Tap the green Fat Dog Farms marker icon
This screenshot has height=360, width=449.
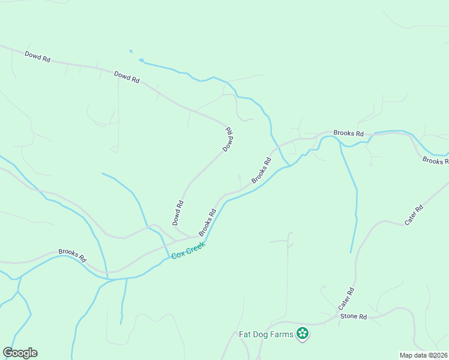[x=303, y=334]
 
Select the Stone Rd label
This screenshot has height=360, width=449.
[x=353, y=316]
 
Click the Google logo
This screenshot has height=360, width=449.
[x=20, y=353]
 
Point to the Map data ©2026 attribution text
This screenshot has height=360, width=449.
[x=423, y=355]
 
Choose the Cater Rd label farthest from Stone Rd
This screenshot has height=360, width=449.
[x=414, y=215]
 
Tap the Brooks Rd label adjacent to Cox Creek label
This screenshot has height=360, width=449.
[x=207, y=222]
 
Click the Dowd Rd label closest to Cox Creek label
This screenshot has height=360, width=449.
[x=178, y=212]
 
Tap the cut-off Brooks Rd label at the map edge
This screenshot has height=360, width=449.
[x=435, y=160]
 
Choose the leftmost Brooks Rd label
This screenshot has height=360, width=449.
[x=72, y=254]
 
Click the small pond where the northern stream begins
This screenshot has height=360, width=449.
[x=142, y=60]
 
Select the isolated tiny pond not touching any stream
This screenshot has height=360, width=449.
[x=130, y=50]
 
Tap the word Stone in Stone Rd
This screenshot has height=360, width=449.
[x=349, y=316]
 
